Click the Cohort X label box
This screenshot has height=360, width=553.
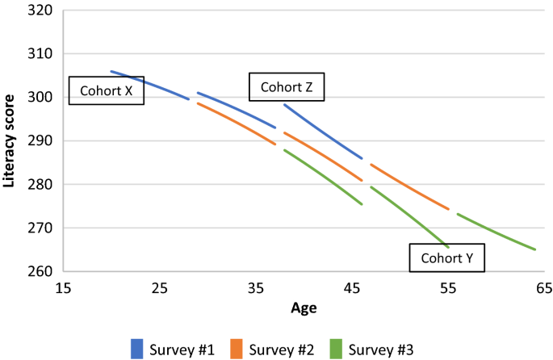(x=107, y=91)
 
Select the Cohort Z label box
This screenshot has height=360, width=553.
(x=287, y=87)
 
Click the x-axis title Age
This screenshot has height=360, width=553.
(x=304, y=308)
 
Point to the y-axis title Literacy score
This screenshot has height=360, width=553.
(x=10, y=141)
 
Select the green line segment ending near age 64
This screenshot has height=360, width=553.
(x=496, y=232)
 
